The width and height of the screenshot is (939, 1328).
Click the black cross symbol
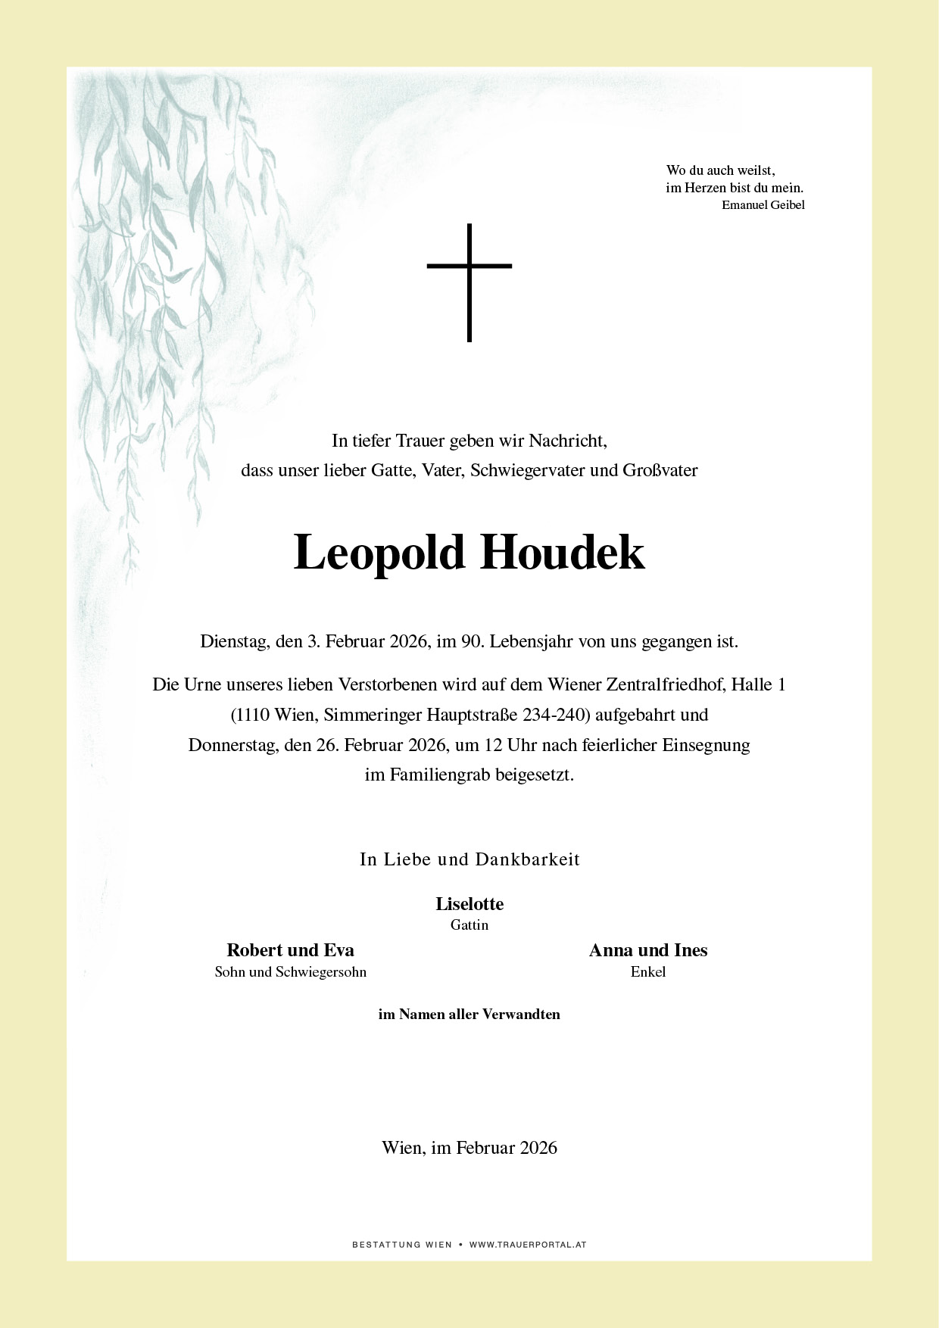[x=469, y=282]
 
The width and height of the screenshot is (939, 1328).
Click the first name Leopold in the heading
[x=379, y=553]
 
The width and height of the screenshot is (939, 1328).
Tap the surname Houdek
[x=562, y=553]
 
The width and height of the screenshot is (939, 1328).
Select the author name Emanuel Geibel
[x=763, y=205]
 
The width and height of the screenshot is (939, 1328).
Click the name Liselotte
[x=469, y=903]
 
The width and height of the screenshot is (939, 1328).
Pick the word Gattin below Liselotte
[x=469, y=924]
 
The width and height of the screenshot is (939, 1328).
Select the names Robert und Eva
[x=290, y=950]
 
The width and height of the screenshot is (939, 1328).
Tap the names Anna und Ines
[x=648, y=950]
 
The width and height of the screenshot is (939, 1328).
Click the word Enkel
[x=648, y=971]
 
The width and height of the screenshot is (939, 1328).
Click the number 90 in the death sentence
[x=472, y=642]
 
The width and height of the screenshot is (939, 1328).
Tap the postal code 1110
[x=254, y=715]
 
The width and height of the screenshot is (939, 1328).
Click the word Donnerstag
[x=233, y=745]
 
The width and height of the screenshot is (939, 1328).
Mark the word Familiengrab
[x=439, y=775]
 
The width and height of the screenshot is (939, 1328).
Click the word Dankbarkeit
[x=527, y=859]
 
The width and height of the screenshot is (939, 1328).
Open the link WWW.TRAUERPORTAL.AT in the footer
[x=528, y=1245]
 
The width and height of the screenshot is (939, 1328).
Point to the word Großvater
[x=660, y=470]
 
